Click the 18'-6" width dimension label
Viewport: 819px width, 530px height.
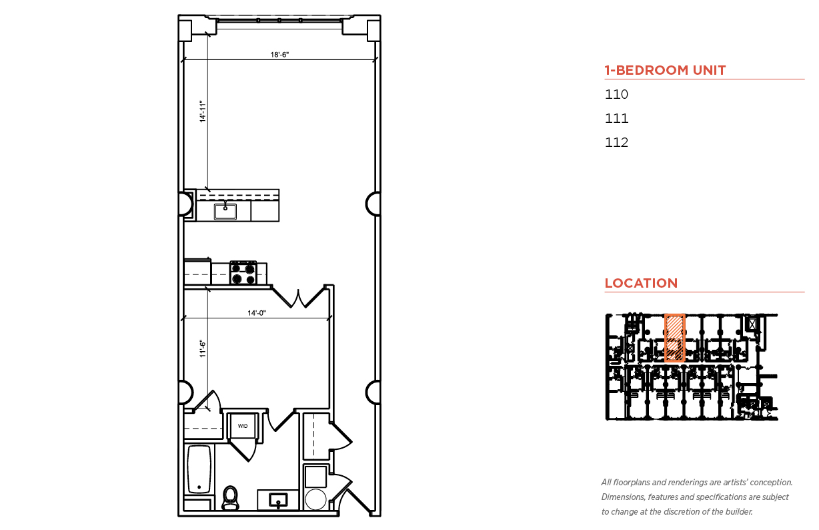point(279,55)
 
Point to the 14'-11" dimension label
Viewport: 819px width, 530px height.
point(203,111)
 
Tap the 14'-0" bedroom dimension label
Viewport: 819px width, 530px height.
point(256,313)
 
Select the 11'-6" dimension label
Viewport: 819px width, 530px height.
point(203,348)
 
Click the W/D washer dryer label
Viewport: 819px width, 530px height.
point(243,426)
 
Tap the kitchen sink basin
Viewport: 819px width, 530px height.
point(225,212)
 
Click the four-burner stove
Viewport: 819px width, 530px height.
point(243,273)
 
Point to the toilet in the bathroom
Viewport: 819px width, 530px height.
point(230,498)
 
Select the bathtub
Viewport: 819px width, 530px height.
point(199,469)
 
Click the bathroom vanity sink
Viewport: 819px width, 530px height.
point(278,500)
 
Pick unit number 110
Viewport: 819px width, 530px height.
point(616,94)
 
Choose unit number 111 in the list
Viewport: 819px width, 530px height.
point(616,118)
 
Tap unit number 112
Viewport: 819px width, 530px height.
point(616,142)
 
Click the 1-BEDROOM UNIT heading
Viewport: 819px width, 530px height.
point(665,70)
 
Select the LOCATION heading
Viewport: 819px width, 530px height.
point(641,283)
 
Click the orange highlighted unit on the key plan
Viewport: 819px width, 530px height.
point(674,338)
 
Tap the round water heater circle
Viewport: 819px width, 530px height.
point(315,499)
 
